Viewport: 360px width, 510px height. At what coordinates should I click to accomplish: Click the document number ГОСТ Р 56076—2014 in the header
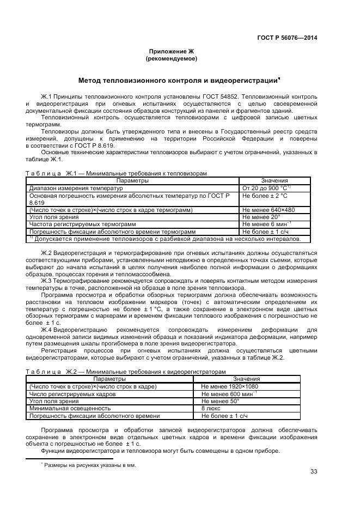click(x=287, y=38)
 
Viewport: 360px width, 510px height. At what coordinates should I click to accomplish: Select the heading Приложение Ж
click(x=172, y=51)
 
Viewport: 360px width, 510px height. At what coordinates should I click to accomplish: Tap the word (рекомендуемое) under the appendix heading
click(x=172, y=58)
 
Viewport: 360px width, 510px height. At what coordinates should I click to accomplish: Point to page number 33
click(x=313, y=472)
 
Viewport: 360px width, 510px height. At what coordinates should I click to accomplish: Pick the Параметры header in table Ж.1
click(x=132, y=180)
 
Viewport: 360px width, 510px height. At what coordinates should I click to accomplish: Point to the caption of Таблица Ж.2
click(x=125, y=372)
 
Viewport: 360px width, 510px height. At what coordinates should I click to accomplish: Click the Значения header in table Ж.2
click(x=246, y=379)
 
